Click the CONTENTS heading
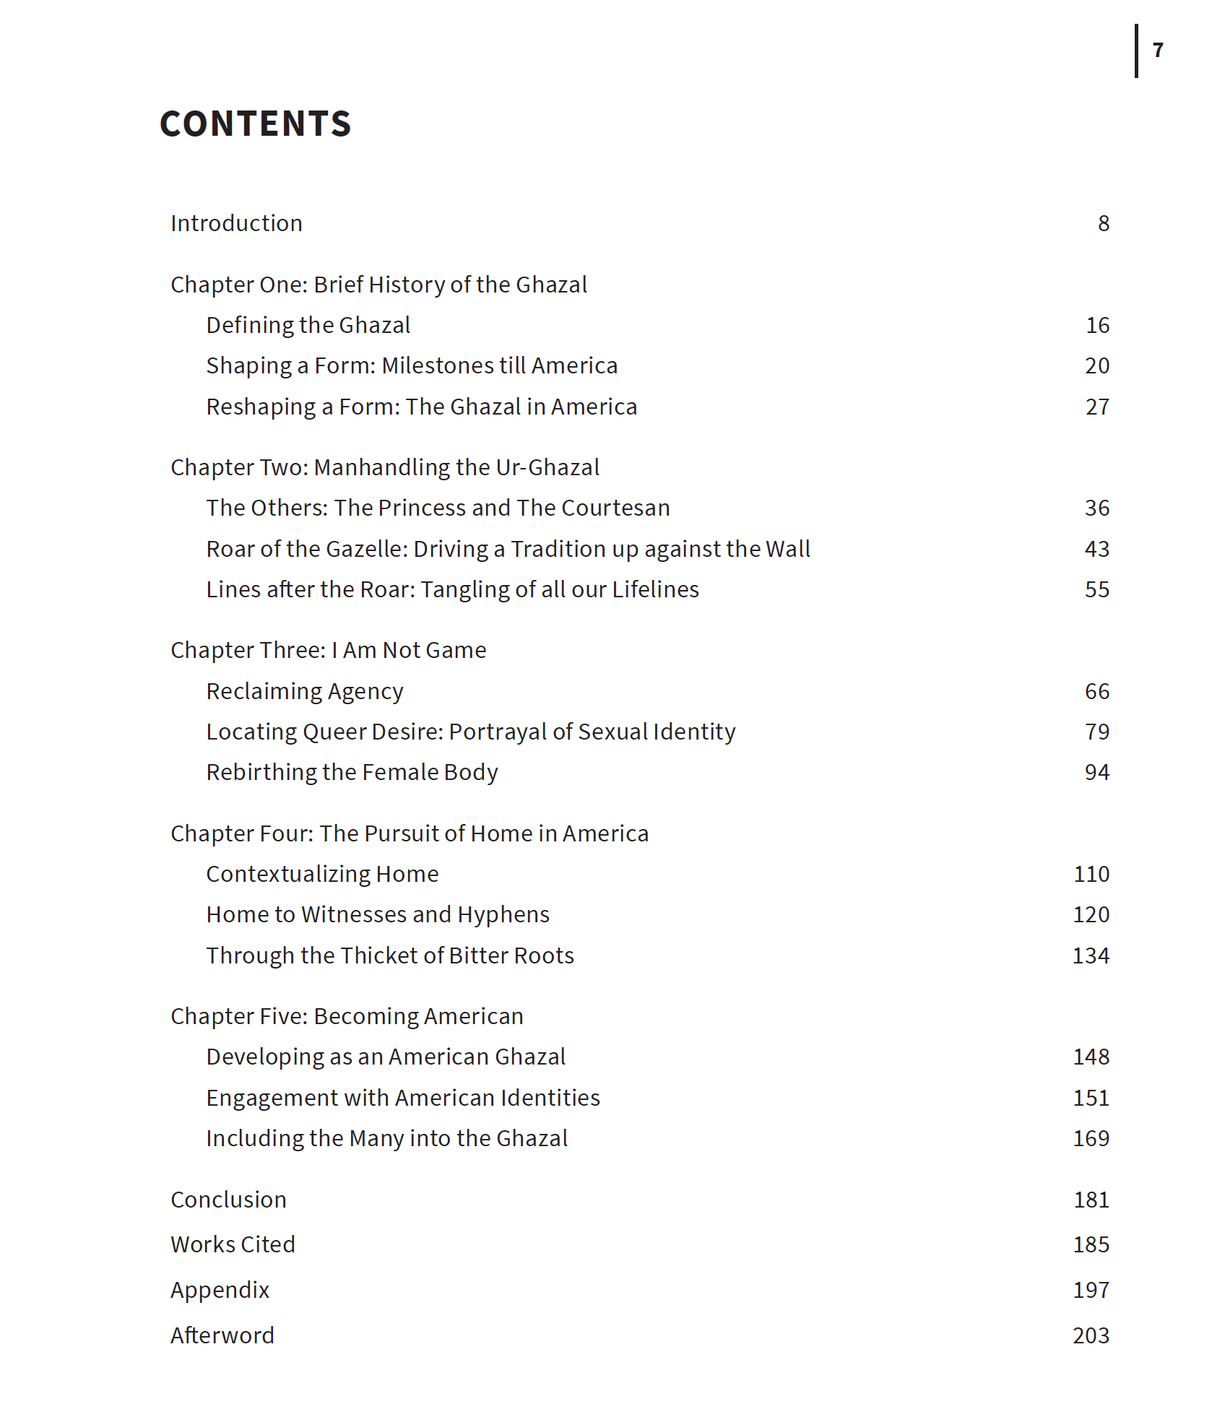pos(255,123)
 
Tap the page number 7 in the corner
pos(1158,50)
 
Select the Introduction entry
pos(236,223)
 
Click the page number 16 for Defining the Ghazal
pos(1097,325)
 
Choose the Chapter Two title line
pos(384,467)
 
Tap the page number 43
pos(1096,549)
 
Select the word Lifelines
pos(655,589)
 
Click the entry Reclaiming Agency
pos(304,691)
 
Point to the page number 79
pos(1096,732)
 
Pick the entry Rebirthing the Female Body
pos(352,772)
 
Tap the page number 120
pos(1091,914)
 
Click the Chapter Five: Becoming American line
pos(347,1016)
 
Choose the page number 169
pos(1091,1138)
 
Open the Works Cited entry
pos(233,1244)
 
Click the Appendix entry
pos(220,1290)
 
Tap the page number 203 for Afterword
pos(1091,1335)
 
